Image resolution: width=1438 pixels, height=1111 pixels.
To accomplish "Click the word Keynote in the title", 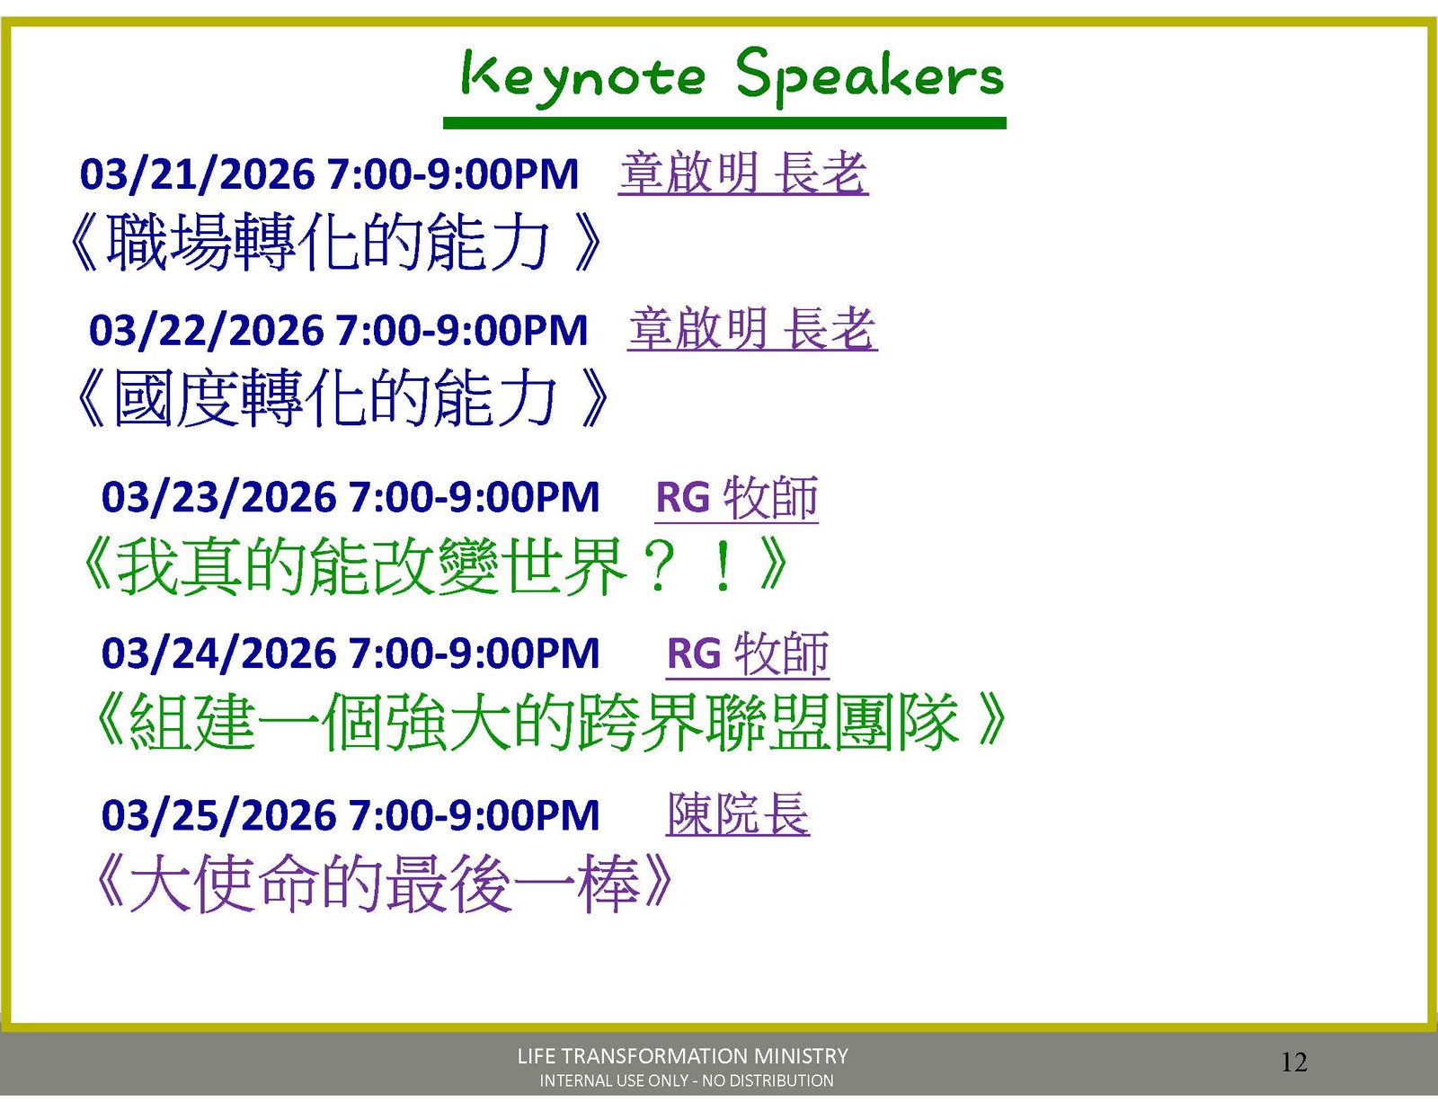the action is click(x=583, y=79).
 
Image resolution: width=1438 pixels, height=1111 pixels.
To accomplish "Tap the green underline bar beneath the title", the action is click(x=724, y=123).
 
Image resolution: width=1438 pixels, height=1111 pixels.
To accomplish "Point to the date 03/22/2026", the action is click(x=206, y=330).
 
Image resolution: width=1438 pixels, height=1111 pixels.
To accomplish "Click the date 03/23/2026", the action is click(x=218, y=497).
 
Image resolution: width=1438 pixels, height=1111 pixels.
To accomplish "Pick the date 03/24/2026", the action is click(x=218, y=653).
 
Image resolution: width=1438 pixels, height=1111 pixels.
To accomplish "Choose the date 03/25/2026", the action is click(x=218, y=814).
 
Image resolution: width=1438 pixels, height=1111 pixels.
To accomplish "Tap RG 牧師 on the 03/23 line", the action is click(x=737, y=498).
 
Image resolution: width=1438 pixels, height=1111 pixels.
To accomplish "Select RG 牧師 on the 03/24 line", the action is click(x=748, y=654).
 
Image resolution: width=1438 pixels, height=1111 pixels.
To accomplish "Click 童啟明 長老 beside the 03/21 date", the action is click(x=744, y=173).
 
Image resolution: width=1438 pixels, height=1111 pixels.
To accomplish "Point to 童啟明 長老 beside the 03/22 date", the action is click(x=753, y=329).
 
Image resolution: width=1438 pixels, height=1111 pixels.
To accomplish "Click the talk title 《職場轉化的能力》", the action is click(x=335, y=242).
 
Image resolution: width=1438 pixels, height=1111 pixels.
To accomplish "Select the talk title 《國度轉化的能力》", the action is click(x=342, y=397).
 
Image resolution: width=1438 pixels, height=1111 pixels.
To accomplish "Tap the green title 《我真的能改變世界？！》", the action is click(x=434, y=565).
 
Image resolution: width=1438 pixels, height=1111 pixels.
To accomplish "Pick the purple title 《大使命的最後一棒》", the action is click(x=384, y=884).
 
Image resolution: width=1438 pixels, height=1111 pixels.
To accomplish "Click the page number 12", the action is click(x=1294, y=1062).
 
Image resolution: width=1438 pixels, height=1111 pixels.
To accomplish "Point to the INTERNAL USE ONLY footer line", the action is click(x=687, y=1080).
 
